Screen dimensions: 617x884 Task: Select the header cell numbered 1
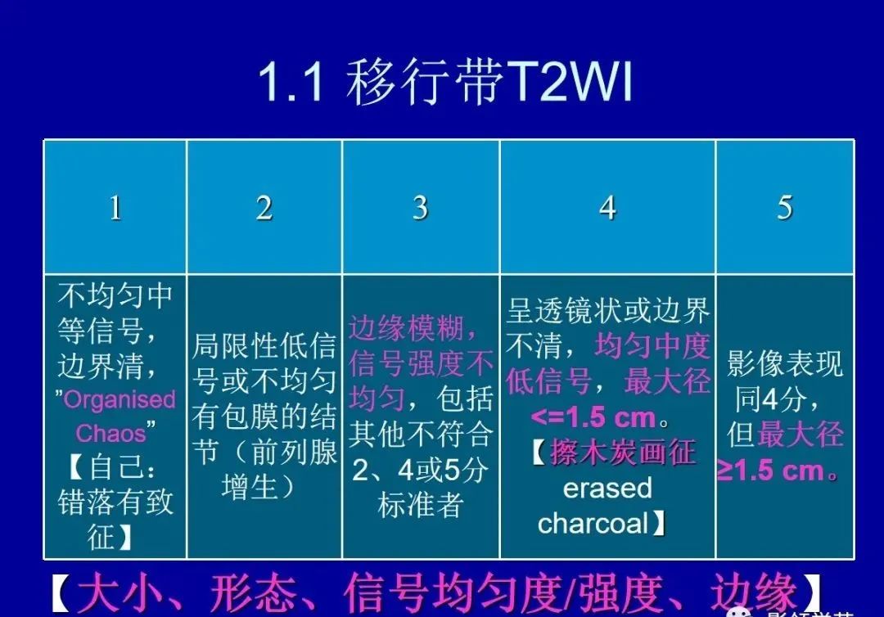(115, 208)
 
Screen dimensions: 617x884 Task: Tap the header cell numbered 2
(264, 208)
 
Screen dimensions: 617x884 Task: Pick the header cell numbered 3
(420, 208)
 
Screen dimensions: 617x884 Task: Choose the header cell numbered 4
(607, 208)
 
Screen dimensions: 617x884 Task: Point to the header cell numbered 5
(784, 208)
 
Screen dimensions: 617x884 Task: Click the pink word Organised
(120, 400)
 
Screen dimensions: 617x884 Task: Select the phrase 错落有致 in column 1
(115, 502)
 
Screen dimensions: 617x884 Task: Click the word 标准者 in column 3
(420, 505)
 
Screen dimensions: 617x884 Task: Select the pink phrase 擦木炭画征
(623, 453)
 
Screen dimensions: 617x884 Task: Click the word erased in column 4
(607, 488)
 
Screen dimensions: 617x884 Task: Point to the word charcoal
(593, 523)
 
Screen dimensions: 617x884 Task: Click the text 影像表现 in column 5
(784, 364)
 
